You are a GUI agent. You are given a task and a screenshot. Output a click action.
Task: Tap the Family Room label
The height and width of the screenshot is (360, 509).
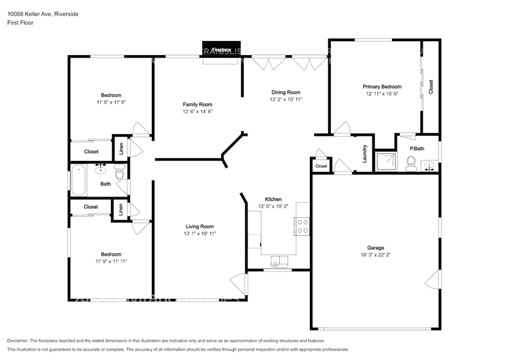pos(197,104)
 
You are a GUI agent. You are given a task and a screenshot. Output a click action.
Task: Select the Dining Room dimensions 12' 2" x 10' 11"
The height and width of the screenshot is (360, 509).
pos(286,99)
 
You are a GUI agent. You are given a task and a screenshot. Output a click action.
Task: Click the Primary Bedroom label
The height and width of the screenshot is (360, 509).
pos(382,87)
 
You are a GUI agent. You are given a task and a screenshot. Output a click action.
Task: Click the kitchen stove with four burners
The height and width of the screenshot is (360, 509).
pos(301,227)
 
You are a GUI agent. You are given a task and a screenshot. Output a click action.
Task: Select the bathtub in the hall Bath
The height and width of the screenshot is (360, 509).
pos(78,181)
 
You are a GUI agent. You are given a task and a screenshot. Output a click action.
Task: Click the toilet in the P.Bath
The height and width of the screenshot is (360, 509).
pos(411,162)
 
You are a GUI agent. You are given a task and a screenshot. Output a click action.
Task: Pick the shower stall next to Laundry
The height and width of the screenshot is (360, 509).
pos(385,161)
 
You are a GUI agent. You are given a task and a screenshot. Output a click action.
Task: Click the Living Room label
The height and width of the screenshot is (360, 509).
pos(200,226)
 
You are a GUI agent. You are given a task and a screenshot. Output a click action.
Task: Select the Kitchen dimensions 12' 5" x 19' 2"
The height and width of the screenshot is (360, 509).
pos(273,206)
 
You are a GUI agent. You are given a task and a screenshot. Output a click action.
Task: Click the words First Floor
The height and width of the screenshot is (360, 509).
pos(21,23)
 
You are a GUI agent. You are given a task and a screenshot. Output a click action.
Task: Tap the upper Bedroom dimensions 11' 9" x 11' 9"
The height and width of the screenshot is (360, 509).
pos(111,102)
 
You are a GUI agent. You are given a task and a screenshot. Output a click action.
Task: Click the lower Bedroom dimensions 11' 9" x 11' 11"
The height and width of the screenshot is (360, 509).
pos(111,261)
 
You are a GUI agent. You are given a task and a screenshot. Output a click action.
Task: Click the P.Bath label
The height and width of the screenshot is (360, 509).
pos(417,148)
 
